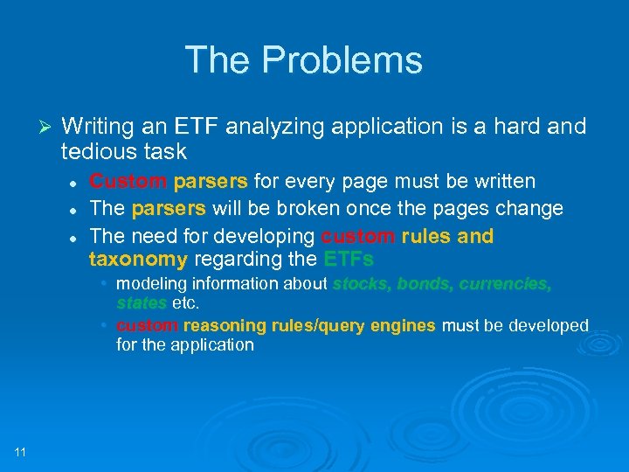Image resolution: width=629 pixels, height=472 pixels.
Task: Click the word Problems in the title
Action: pyautogui.click(x=342, y=60)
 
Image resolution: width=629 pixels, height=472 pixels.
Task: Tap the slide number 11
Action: pyautogui.click(x=20, y=451)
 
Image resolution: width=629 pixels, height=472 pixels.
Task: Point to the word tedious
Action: pyautogui.click(x=96, y=151)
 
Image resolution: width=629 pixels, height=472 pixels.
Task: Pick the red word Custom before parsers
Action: pyautogui.click(x=128, y=181)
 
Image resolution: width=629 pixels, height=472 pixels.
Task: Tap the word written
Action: pyautogui.click(x=501, y=181)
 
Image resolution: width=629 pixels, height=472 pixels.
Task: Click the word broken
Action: pyautogui.click(x=321, y=209)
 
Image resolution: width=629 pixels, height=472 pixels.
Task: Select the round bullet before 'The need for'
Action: pyautogui.click(x=76, y=237)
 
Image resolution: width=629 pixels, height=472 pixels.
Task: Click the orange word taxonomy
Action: pyautogui.click(x=138, y=259)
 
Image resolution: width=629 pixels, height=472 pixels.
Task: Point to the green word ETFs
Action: pyautogui.click(x=349, y=259)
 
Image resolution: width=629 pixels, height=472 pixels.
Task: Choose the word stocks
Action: pyautogui.click(x=361, y=283)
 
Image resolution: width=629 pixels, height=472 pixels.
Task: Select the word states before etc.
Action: pyautogui.click(x=141, y=302)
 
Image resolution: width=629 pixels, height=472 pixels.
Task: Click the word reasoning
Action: pyautogui.click(x=219, y=325)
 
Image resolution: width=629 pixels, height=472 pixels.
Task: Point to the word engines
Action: pyautogui.click(x=403, y=325)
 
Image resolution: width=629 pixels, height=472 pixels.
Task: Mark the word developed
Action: pyautogui.click(x=550, y=325)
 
